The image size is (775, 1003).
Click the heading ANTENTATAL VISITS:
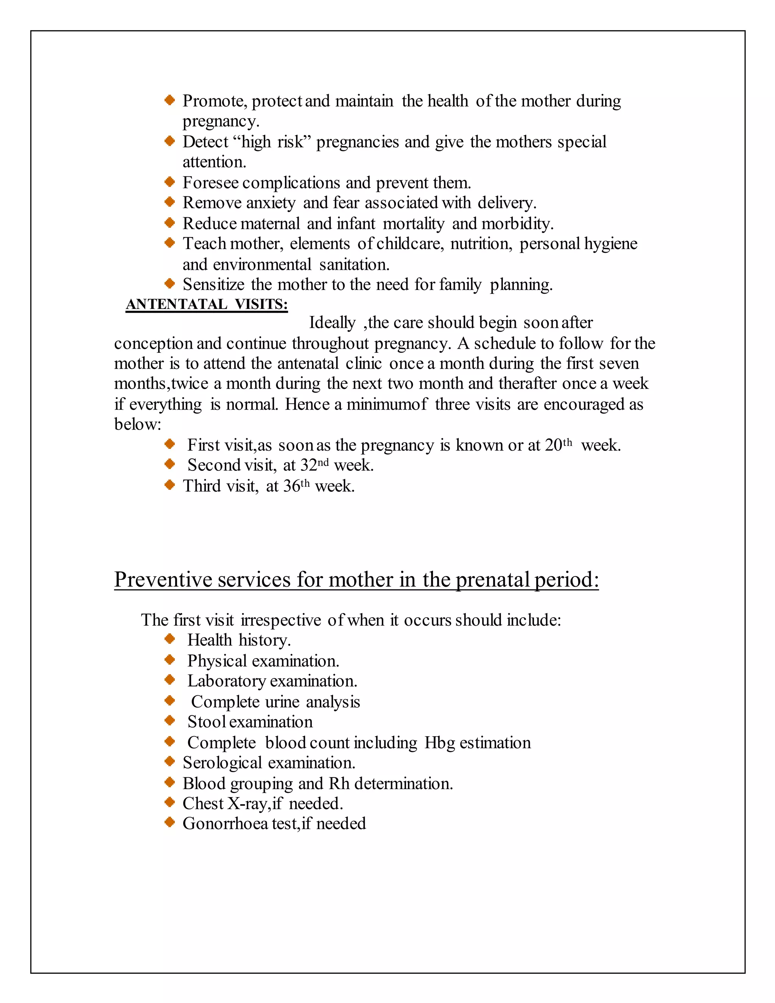[x=207, y=304]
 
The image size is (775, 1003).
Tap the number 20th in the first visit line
[x=558, y=445]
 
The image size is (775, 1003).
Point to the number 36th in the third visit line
[x=297, y=486]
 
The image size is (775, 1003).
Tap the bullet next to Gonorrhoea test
[x=170, y=823]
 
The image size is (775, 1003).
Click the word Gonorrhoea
[x=225, y=824]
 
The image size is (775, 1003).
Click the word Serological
[x=222, y=763]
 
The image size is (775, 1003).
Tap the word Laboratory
[x=226, y=681]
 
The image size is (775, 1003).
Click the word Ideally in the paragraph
[x=332, y=323]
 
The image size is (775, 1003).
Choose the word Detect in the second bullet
[x=205, y=142]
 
